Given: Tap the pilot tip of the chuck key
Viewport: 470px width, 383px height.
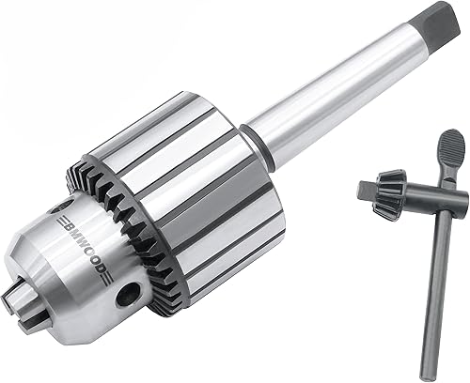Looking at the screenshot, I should pos(365,190).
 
